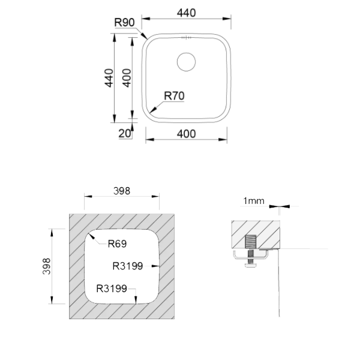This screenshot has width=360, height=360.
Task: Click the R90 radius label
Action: tap(124, 23)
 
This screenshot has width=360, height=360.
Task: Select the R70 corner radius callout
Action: tap(174, 96)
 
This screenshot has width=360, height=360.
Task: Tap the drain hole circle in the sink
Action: tap(186, 62)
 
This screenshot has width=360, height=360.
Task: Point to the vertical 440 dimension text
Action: tap(109, 78)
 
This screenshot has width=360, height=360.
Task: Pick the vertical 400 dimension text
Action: tap(127, 78)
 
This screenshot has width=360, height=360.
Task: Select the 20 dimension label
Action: tap(125, 133)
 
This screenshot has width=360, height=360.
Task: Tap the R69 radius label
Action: tap(117, 244)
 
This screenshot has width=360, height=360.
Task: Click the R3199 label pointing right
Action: tap(128, 266)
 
